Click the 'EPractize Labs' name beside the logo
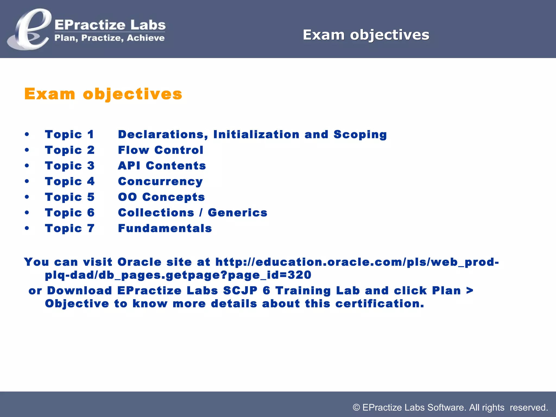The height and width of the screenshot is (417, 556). click(110, 25)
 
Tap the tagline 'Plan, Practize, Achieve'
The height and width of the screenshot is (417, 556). click(109, 38)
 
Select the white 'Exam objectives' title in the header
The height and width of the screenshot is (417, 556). click(366, 35)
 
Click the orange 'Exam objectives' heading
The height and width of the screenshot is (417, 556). click(103, 94)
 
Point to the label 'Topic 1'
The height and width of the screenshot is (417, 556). click(69, 134)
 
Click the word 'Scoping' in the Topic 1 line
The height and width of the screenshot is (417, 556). click(360, 135)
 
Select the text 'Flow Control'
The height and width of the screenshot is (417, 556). click(160, 150)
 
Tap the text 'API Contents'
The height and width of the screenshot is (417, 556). click(162, 166)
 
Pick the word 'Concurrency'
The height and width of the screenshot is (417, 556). click(160, 181)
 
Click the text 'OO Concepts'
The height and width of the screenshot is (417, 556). click(161, 197)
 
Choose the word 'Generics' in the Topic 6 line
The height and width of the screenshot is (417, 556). click(237, 213)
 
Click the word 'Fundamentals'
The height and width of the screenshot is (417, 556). click(165, 228)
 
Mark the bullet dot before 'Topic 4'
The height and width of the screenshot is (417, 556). click(27, 181)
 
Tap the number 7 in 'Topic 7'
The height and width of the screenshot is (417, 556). click(91, 228)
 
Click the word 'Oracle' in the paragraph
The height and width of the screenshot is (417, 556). click(139, 262)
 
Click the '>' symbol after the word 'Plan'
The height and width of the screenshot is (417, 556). click(470, 290)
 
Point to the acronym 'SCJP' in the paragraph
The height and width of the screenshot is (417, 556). click(240, 290)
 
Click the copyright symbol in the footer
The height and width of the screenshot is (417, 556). click(356, 407)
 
